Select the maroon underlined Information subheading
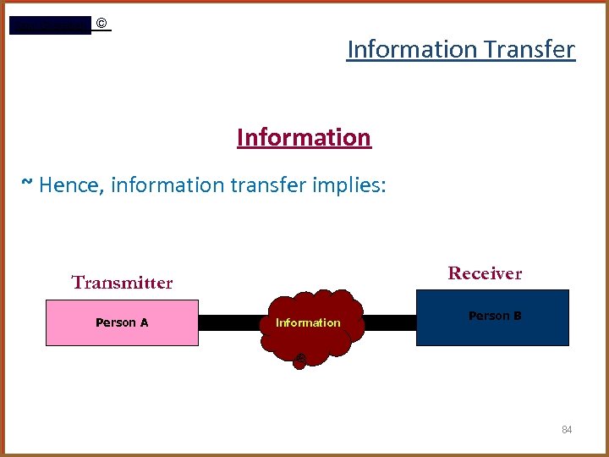point(304,137)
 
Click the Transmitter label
point(122,283)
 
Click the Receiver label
point(485,273)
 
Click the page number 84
point(567,430)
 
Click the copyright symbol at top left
point(101,24)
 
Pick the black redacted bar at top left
point(49,25)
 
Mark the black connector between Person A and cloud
point(232,322)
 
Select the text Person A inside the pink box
point(122,322)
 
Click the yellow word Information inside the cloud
point(308,322)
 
